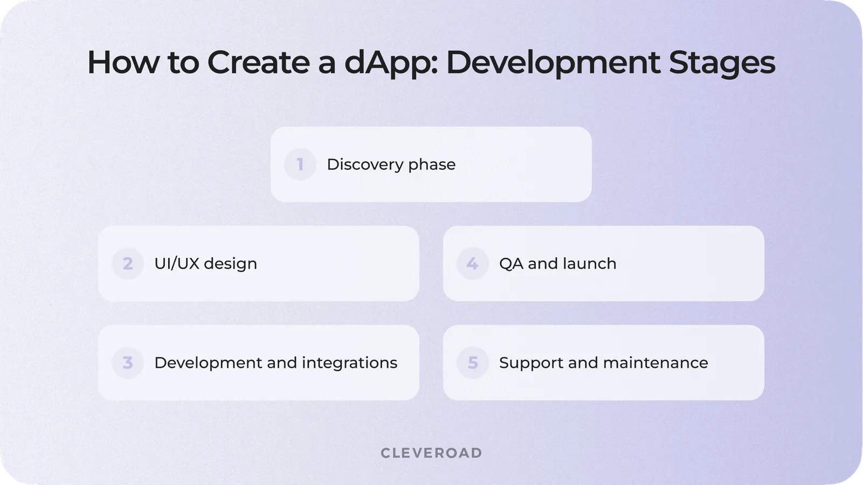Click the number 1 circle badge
tap(300, 164)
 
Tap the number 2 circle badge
tap(127, 264)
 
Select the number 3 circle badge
tap(127, 363)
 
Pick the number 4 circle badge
tap(472, 264)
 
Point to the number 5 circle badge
tap(472, 363)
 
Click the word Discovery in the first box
tap(365, 164)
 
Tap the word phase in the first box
tap(432, 165)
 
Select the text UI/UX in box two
tap(176, 264)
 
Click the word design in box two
tap(230, 264)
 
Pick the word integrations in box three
tap(349, 363)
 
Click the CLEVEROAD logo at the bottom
tap(431, 453)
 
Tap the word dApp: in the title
tap(391, 63)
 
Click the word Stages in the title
tap(722, 63)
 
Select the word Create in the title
tap(258, 62)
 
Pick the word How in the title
tap(123, 62)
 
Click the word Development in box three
tap(208, 363)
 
